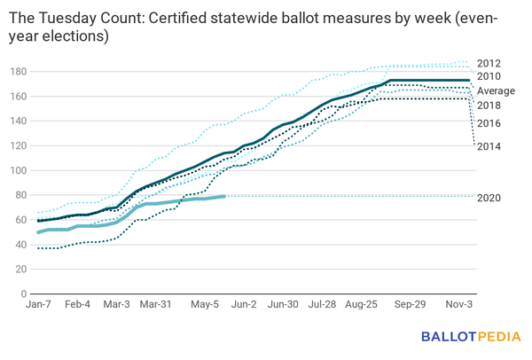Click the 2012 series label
click(489, 63)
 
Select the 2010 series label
click(489, 77)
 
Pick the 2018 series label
click(489, 106)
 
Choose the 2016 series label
click(489, 124)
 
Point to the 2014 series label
click(489, 145)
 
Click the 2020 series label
click(489, 197)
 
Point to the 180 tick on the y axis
click(18, 71)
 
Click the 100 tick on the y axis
click(18, 170)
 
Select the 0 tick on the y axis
click(24, 293)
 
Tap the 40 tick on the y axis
click(20, 245)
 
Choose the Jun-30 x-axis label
click(282, 304)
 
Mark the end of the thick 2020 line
click(224, 196)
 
